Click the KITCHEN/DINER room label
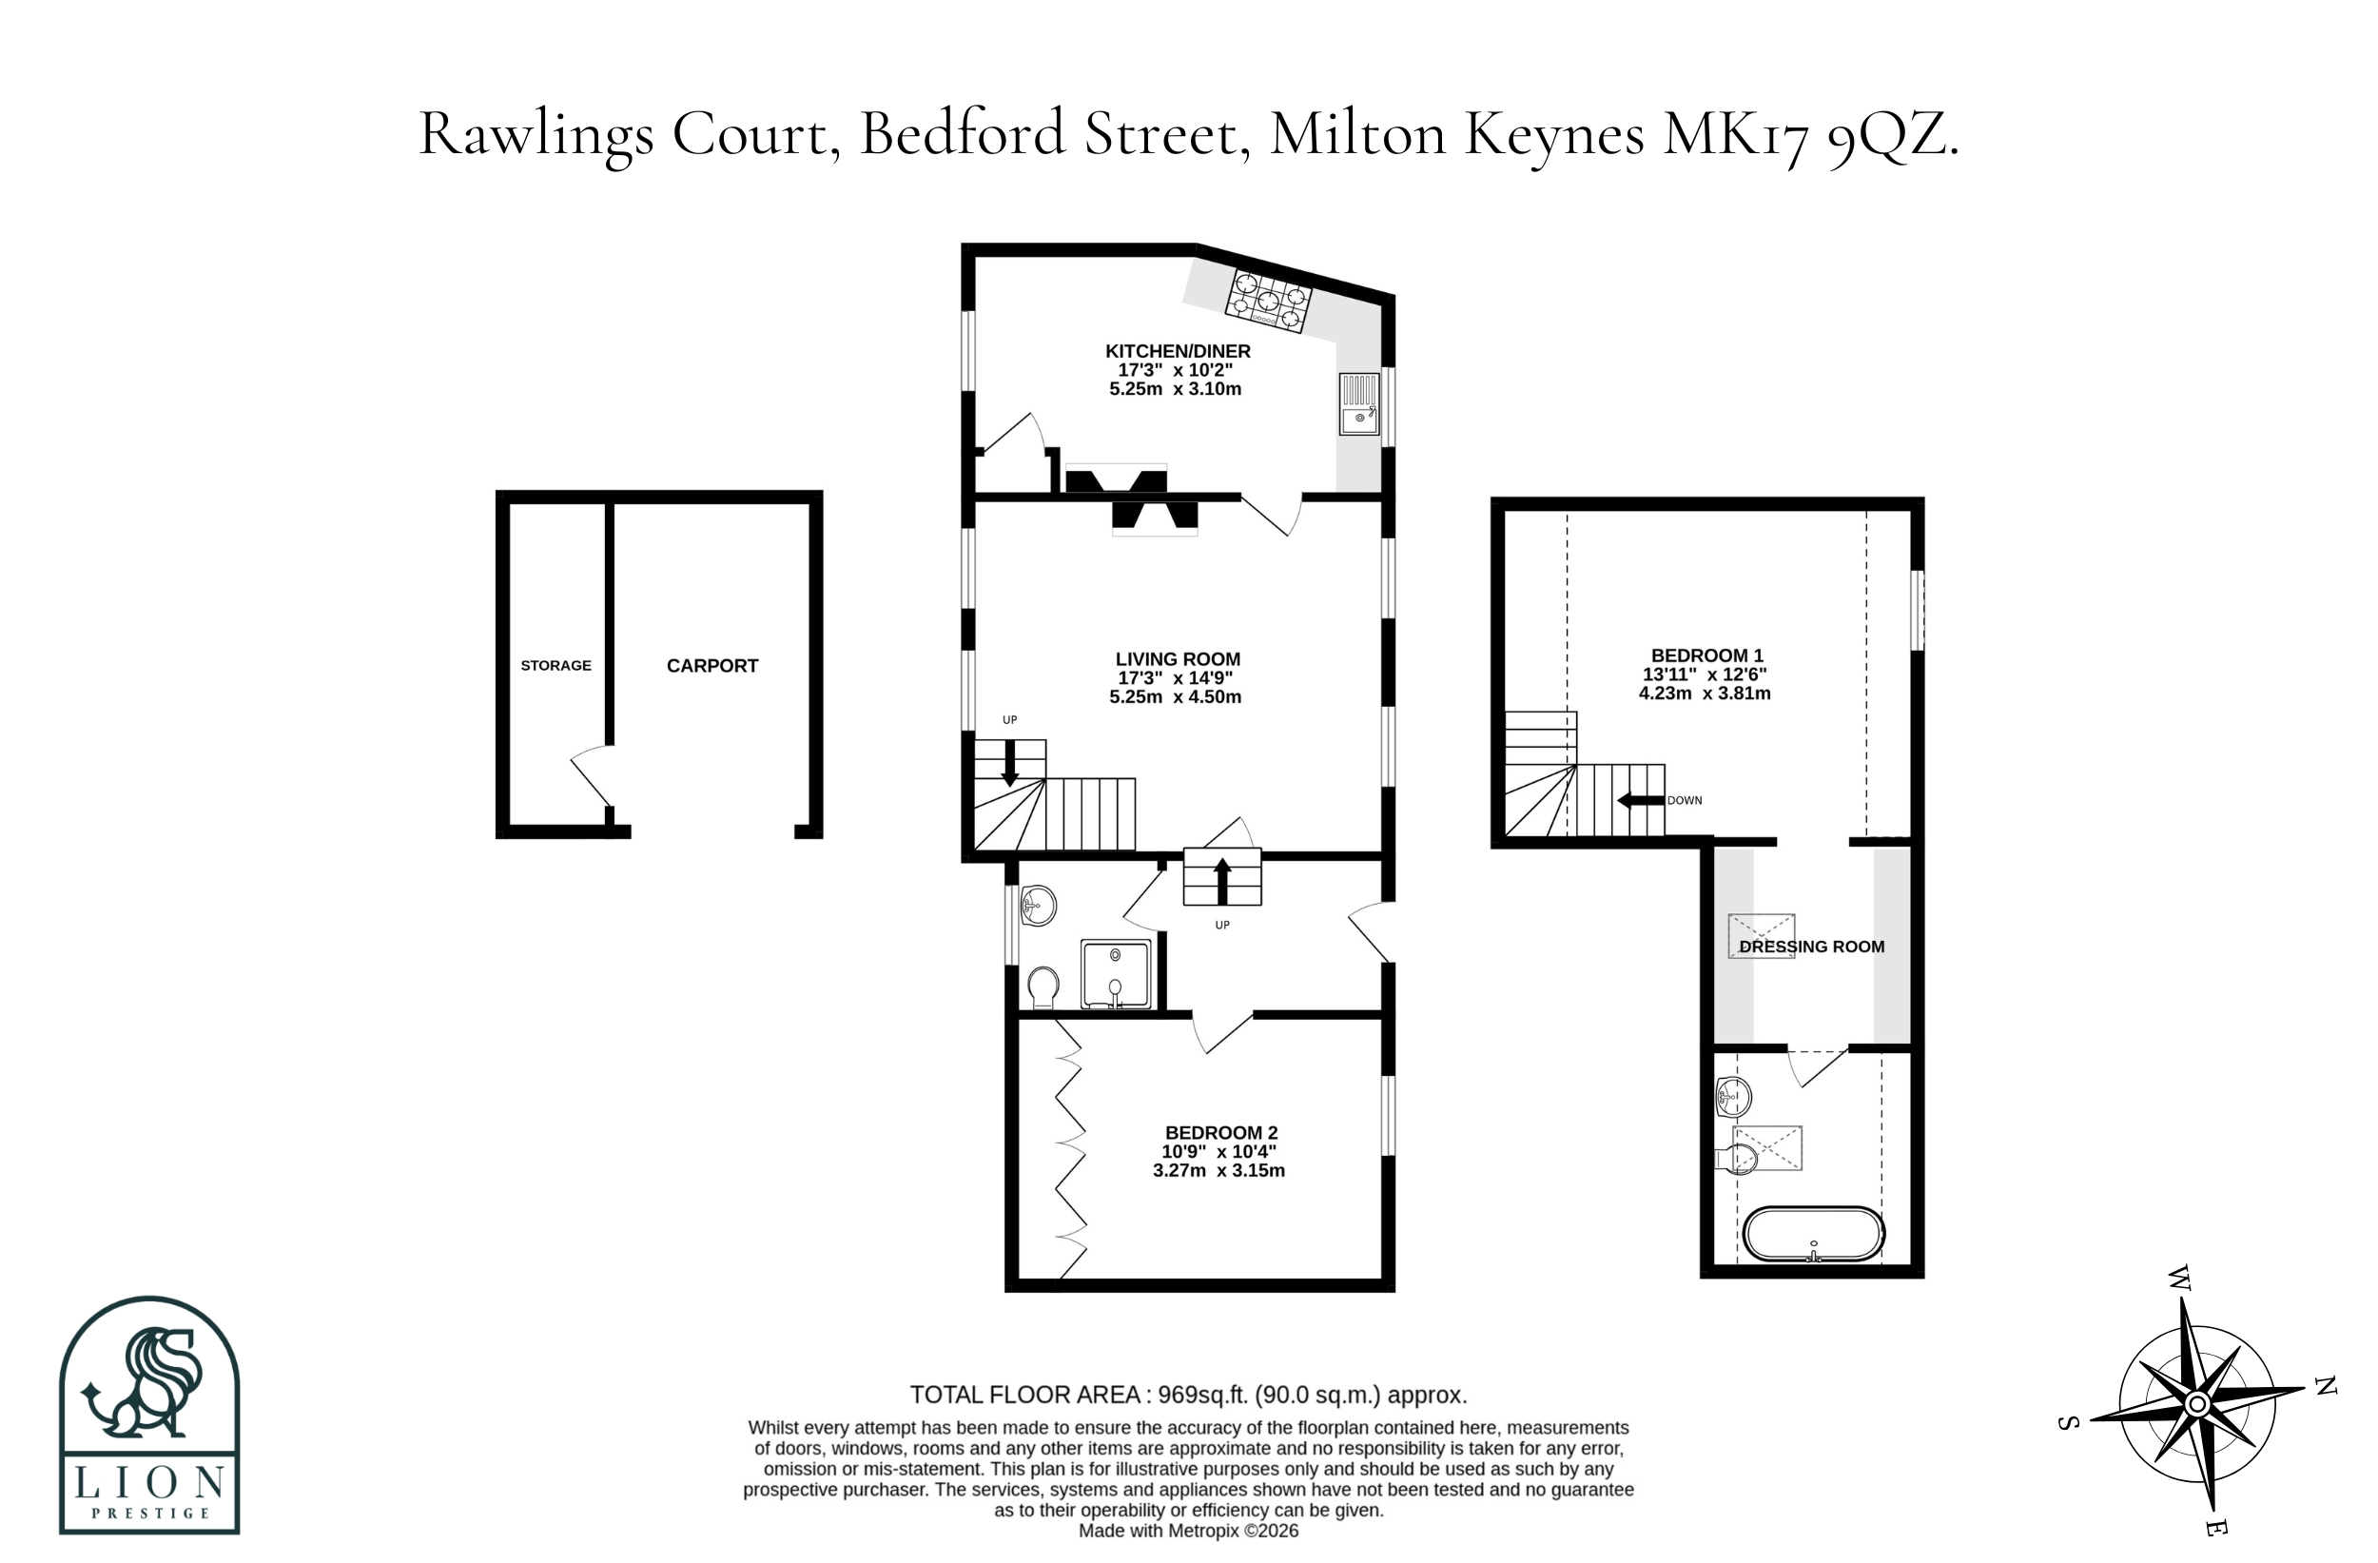[x=1177, y=352]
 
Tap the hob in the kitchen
[x=1269, y=300]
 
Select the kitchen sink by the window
[x=1359, y=403]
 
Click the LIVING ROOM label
[x=1177, y=659]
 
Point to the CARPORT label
[x=712, y=666]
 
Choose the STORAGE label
[x=556, y=666]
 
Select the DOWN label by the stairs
[x=1685, y=800]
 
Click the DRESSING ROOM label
[x=1811, y=947]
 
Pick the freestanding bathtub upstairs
[x=1814, y=1234]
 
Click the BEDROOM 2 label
[x=1221, y=1133]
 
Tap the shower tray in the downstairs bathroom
[x=1116, y=973]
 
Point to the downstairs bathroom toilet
[x=1043, y=987]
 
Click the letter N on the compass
[x=2326, y=1385]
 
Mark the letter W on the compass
[x=2179, y=1279]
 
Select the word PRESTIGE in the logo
[x=151, y=1513]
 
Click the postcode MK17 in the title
[x=1737, y=135]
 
